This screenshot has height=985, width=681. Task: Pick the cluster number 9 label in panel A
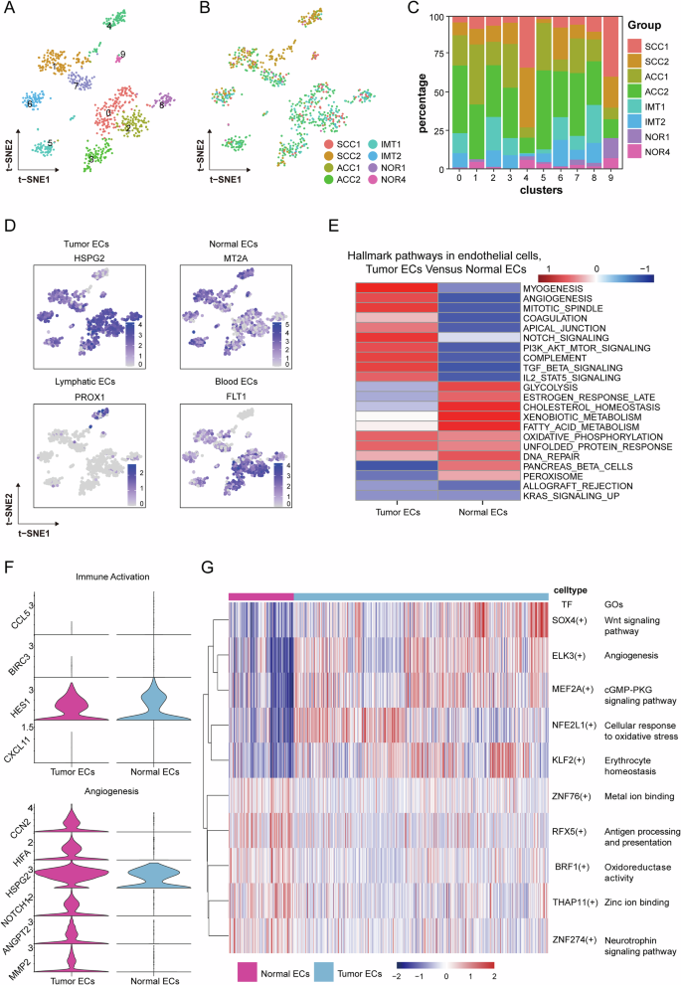click(122, 54)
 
